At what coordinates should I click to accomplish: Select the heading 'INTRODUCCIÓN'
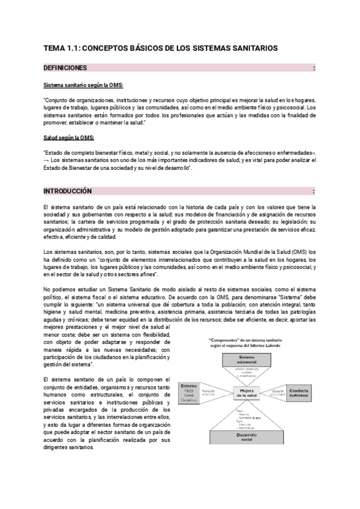(x=68, y=191)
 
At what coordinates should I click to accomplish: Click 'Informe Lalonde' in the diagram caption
(x=266, y=346)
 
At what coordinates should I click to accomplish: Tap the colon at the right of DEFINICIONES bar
(x=314, y=68)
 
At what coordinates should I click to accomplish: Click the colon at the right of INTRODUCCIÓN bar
(x=314, y=191)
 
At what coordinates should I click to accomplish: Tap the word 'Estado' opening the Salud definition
(x=56, y=152)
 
